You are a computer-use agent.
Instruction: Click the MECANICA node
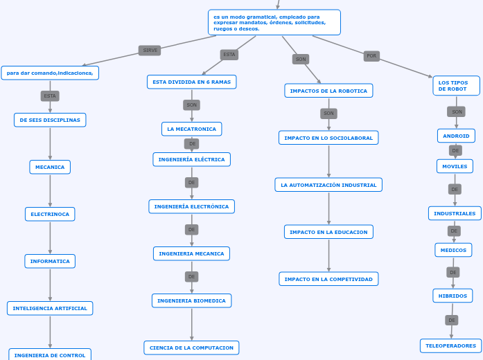(50, 167)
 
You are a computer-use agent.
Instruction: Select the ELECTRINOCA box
(50, 214)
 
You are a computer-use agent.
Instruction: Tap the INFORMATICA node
(50, 261)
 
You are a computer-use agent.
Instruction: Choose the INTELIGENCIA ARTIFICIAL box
(50, 308)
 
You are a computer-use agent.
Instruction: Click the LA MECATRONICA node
(191, 129)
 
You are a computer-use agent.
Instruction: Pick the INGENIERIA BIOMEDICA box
(191, 300)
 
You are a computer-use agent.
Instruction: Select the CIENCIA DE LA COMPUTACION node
(191, 348)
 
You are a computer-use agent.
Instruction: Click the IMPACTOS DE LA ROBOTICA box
(328, 91)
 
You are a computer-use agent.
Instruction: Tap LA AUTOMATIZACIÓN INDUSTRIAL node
(328, 185)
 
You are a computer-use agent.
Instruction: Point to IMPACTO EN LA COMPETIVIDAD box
(328, 279)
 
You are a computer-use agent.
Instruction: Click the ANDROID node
(456, 136)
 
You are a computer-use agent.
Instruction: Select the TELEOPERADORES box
(450, 345)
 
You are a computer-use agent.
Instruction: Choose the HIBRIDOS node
(453, 296)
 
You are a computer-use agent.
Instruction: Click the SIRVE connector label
(150, 51)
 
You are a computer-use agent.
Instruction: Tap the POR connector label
(371, 56)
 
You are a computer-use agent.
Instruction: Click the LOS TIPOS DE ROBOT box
(456, 86)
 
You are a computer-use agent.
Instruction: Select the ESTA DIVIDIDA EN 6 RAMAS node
(191, 82)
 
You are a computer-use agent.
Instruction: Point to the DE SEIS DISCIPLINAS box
(50, 120)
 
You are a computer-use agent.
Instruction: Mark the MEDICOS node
(453, 250)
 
